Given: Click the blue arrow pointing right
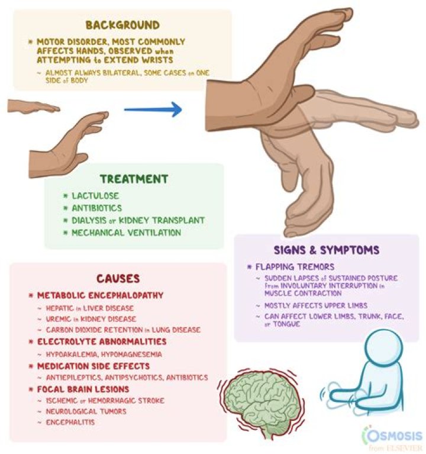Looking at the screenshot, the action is (x=153, y=110).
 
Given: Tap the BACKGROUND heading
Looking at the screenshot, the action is (x=122, y=25).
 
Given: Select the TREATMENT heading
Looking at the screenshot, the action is (x=134, y=179).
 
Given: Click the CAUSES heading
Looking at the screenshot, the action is (x=118, y=279).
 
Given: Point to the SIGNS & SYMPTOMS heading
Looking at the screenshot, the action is (x=327, y=250).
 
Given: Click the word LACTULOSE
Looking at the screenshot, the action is (x=95, y=196).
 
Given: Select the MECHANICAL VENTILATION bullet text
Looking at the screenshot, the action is (x=127, y=233).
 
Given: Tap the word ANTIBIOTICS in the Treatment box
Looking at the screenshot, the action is (x=97, y=208).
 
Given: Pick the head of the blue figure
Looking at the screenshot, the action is (x=383, y=346).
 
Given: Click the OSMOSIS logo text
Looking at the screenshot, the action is (x=393, y=436).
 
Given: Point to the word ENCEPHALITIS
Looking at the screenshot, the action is (x=70, y=422).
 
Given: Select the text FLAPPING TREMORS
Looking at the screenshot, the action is (x=295, y=267).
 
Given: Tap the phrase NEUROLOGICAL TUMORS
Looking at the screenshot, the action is (x=86, y=411).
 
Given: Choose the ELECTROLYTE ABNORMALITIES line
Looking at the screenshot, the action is (x=102, y=342).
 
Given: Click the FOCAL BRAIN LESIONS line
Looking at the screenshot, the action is (x=83, y=389).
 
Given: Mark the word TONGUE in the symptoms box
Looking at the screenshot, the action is (x=286, y=324).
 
